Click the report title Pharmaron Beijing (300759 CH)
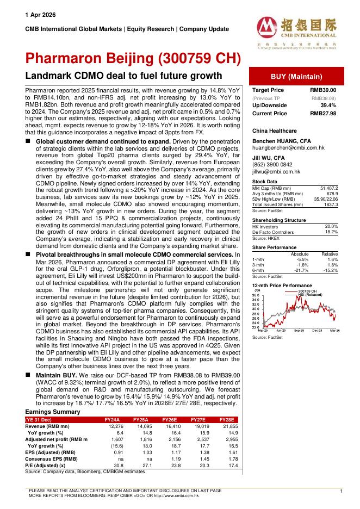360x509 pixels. [x=133, y=59]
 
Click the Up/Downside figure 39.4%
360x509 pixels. [x=327, y=105]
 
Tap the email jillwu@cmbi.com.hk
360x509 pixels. [x=276, y=171]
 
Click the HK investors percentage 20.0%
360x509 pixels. [x=331, y=226]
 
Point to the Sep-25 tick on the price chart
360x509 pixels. [x=299, y=330]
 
